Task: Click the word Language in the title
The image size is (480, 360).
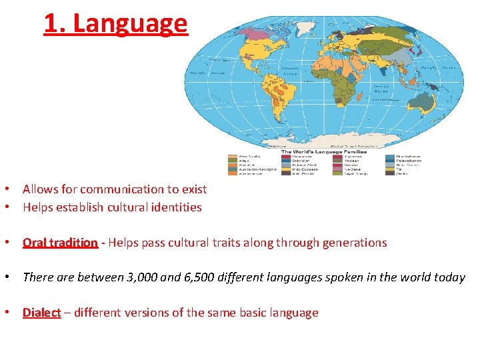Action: (130, 23)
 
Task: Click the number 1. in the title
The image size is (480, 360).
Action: (55, 23)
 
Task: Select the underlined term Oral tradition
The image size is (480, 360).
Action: (60, 243)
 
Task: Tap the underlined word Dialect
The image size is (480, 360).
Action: (41, 313)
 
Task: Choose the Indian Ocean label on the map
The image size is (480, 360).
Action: (381, 89)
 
